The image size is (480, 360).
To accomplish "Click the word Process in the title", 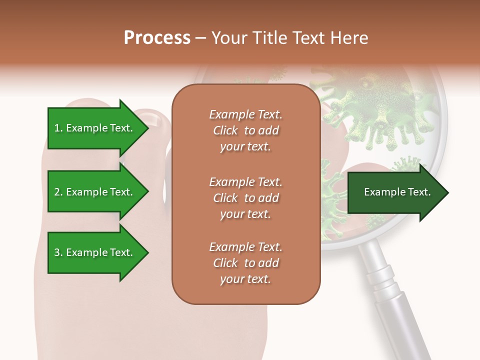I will (x=157, y=38).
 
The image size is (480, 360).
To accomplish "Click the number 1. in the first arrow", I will (x=58, y=128).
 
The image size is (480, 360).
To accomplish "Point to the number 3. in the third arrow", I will (x=58, y=252).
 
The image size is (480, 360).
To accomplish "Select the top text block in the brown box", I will (x=245, y=130).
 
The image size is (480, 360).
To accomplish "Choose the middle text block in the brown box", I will (x=245, y=198).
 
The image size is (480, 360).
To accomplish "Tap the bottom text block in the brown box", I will (x=245, y=263).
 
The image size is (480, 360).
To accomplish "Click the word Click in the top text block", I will (x=225, y=130).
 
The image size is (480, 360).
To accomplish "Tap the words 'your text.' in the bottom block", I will (x=245, y=279).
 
